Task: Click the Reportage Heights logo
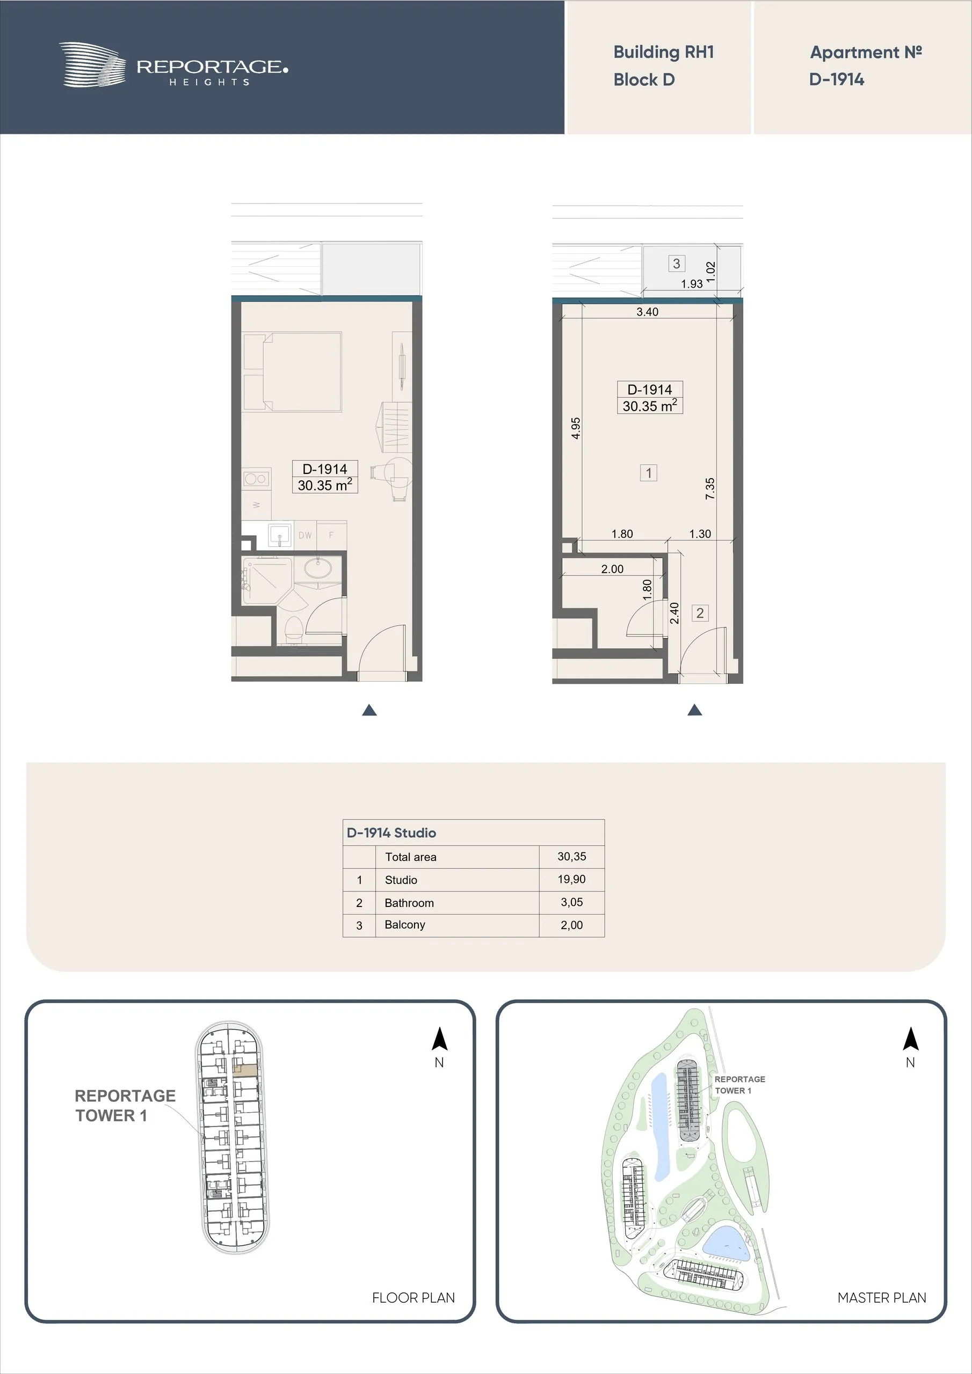point(173,65)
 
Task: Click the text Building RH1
point(664,52)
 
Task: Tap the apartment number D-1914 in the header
point(837,79)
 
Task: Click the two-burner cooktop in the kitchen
point(256,479)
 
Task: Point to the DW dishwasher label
point(305,536)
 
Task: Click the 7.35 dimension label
point(710,488)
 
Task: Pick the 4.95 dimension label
point(576,428)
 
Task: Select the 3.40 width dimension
point(648,312)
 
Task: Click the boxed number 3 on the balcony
point(677,264)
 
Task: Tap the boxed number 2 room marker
point(700,613)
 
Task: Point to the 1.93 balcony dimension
point(692,284)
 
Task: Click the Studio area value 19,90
point(572,879)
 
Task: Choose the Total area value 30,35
point(572,857)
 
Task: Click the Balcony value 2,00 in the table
point(572,925)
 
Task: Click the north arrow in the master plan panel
point(910,1039)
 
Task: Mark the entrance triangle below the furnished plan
point(369,710)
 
